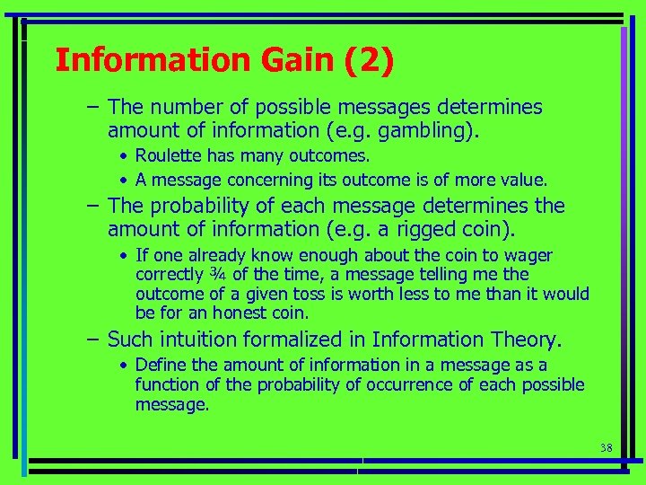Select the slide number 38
(606, 446)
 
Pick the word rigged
(414, 230)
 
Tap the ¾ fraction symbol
(217, 275)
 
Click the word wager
(529, 256)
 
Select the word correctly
(169, 275)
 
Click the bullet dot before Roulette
(125, 156)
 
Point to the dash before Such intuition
(92, 339)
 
